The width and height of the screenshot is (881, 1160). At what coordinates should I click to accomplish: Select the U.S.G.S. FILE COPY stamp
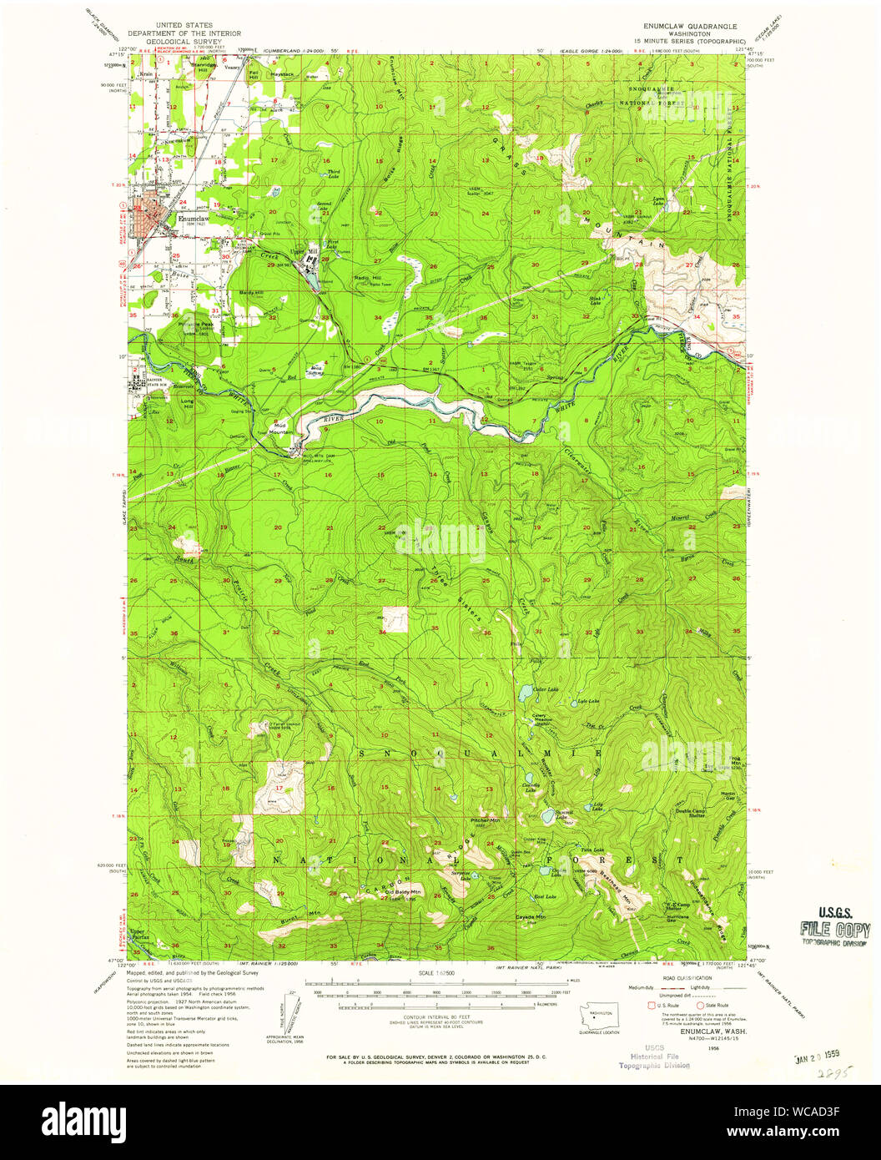(834, 928)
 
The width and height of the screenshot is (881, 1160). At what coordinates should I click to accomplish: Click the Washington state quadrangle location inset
(599, 1017)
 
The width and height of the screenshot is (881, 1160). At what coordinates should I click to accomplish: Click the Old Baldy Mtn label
(403, 892)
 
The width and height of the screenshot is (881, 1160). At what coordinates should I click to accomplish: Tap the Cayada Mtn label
(530, 916)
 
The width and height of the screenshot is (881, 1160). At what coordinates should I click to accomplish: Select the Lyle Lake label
(588, 702)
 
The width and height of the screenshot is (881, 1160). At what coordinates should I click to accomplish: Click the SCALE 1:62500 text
(440, 974)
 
